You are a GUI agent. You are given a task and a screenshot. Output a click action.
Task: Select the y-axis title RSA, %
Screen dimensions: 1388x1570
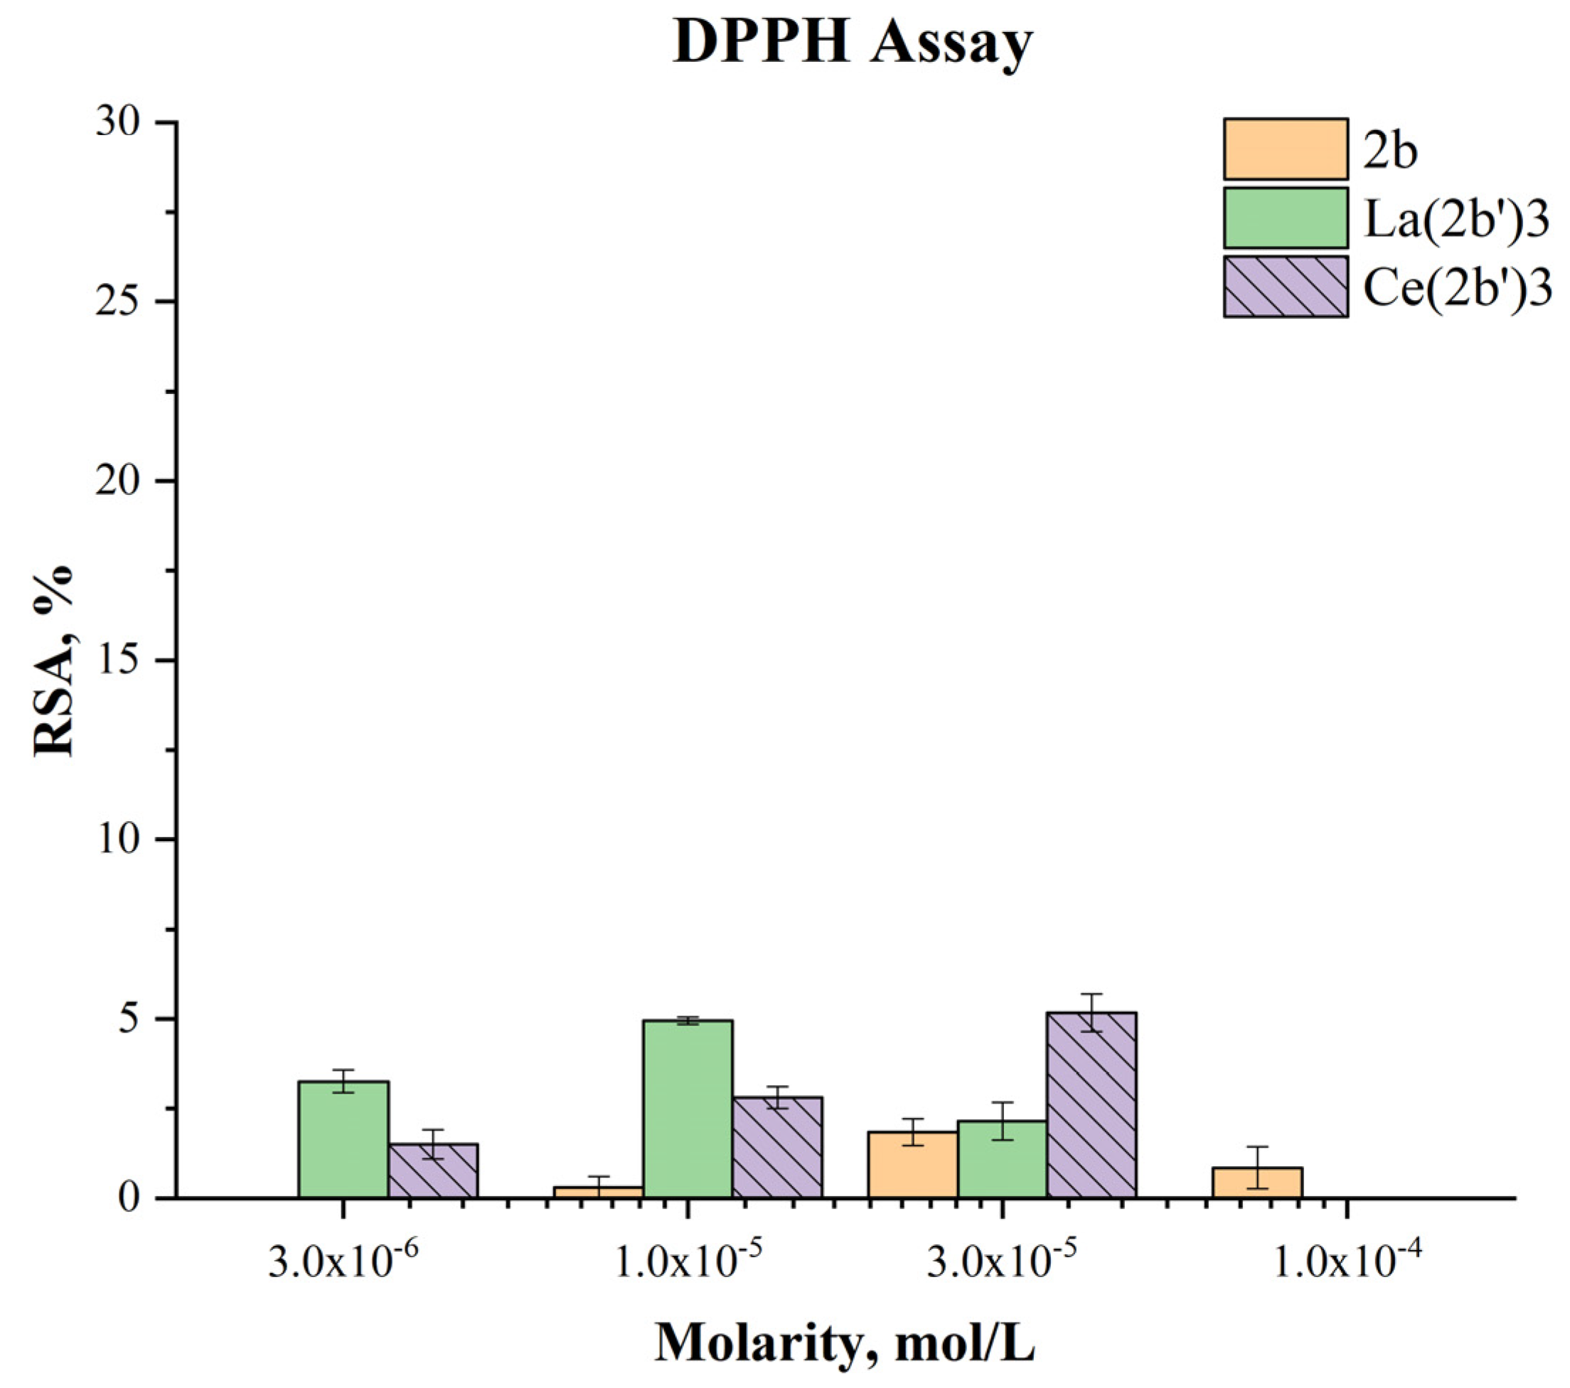pyautogui.click(x=54, y=661)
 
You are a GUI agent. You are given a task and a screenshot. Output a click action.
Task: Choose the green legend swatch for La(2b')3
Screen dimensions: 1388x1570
pyautogui.click(x=1286, y=218)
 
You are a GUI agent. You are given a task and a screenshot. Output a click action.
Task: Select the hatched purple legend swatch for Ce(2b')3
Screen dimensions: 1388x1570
pyautogui.click(x=1286, y=287)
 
